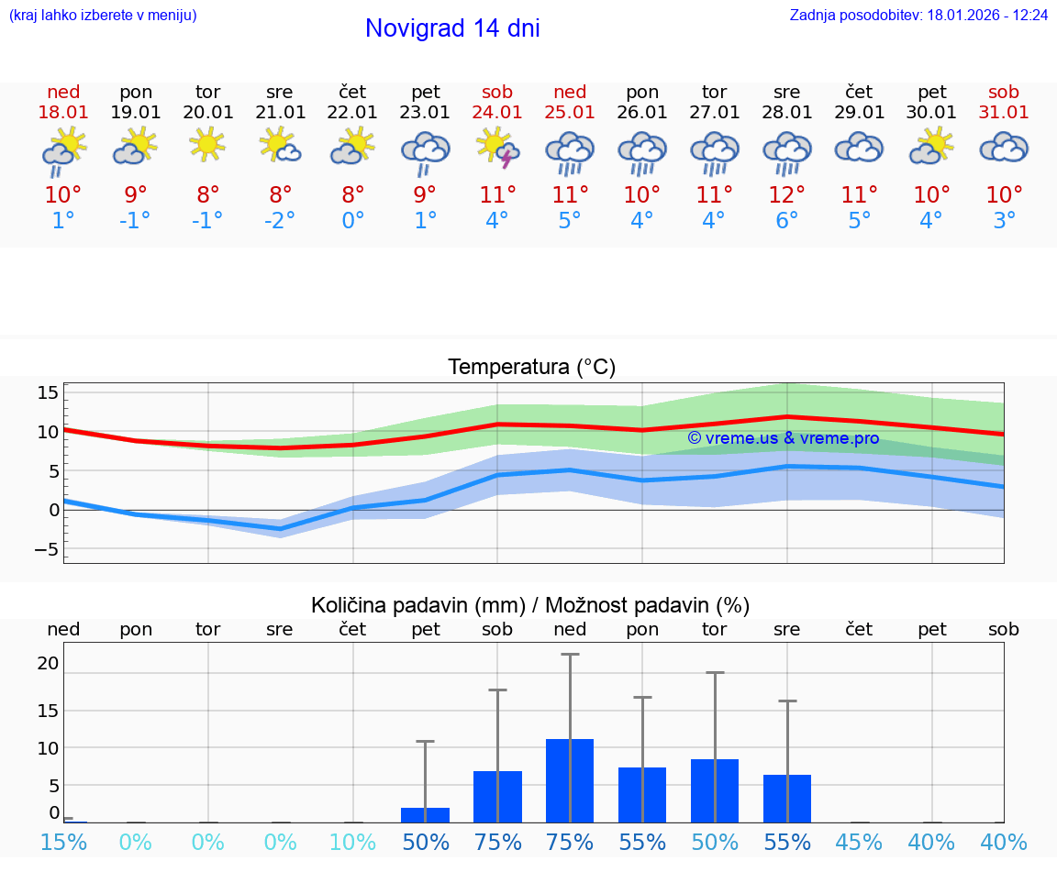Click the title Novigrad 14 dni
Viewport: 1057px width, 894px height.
[452, 28]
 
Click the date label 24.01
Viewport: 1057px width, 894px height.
[497, 112]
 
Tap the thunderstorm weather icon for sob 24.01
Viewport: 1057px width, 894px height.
[497, 149]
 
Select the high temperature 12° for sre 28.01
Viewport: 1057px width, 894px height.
[786, 194]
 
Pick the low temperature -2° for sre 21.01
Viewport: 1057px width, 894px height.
[280, 220]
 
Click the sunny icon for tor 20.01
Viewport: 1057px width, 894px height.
[208, 145]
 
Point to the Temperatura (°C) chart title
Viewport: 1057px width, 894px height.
[531, 367]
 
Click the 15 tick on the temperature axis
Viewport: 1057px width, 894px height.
[48, 392]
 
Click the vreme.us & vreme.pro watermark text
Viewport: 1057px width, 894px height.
[784, 438]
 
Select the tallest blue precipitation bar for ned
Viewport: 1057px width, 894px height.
[570, 780]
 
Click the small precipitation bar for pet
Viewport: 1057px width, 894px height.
[425, 815]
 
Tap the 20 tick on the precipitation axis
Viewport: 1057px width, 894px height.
[49, 663]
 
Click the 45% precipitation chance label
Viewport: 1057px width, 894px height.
[859, 842]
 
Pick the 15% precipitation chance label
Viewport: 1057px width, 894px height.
[63, 842]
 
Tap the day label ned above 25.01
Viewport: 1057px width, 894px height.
[570, 92]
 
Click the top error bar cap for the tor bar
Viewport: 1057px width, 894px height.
[715, 672]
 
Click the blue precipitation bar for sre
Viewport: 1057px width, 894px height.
[787, 799]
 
